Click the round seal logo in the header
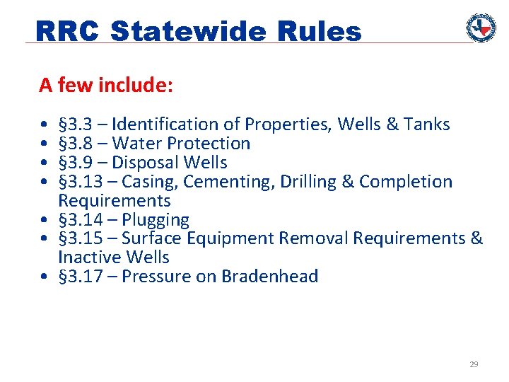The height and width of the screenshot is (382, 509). [x=481, y=28]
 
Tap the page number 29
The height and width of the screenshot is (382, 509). [x=474, y=364]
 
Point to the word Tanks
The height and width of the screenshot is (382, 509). [x=427, y=125]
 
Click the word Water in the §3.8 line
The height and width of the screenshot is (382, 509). [x=136, y=144]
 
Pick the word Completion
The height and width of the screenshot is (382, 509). [x=406, y=182]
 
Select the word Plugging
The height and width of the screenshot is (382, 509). [x=156, y=220]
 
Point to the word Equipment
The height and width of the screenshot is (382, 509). [x=227, y=239]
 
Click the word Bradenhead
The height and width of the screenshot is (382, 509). [x=270, y=277]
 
